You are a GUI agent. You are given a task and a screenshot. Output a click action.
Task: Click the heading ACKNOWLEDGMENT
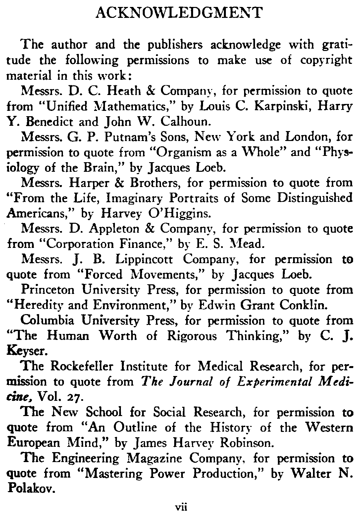click(180, 13)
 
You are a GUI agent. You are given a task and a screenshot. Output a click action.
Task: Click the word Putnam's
click(125, 137)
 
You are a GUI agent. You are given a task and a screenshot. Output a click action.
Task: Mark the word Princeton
click(49, 290)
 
